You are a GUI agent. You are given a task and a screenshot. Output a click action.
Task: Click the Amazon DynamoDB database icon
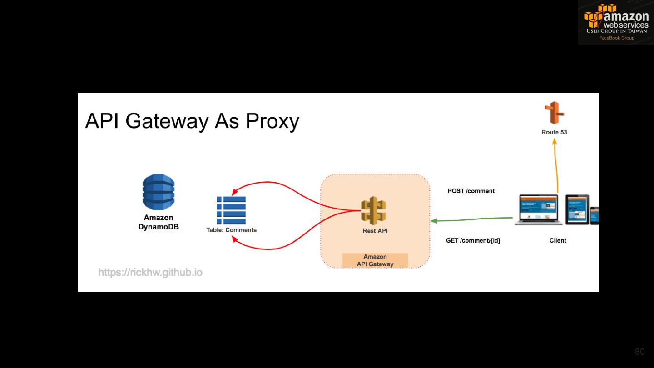tap(159, 192)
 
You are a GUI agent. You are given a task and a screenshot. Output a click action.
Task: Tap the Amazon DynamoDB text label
tap(159, 222)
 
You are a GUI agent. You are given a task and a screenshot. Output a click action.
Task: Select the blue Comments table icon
tap(231, 210)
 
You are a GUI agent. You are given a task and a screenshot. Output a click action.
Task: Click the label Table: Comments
tap(231, 230)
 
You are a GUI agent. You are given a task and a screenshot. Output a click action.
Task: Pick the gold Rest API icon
tap(373, 211)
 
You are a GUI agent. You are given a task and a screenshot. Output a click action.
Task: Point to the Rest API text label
tap(375, 231)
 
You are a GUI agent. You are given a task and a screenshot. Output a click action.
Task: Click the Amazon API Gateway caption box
tap(375, 260)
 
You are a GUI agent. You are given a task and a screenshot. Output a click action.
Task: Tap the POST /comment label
tap(471, 191)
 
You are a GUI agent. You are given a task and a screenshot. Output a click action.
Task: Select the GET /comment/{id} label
tap(473, 240)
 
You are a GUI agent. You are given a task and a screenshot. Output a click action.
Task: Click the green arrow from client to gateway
tap(472, 219)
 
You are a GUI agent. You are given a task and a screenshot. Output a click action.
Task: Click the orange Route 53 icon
tap(554, 113)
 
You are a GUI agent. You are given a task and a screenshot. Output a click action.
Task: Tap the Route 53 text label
tap(554, 132)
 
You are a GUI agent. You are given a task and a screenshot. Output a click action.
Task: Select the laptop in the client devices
tap(539, 209)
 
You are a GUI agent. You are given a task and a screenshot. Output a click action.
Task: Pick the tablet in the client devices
tap(577, 209)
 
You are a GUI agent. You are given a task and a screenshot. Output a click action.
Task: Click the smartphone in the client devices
tap(594, 215)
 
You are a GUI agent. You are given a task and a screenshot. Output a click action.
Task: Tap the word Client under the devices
tap(558, 240)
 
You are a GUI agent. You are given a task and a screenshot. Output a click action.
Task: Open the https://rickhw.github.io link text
tap(150, 273)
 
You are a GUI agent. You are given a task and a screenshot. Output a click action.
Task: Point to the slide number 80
tap(639, 352)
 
